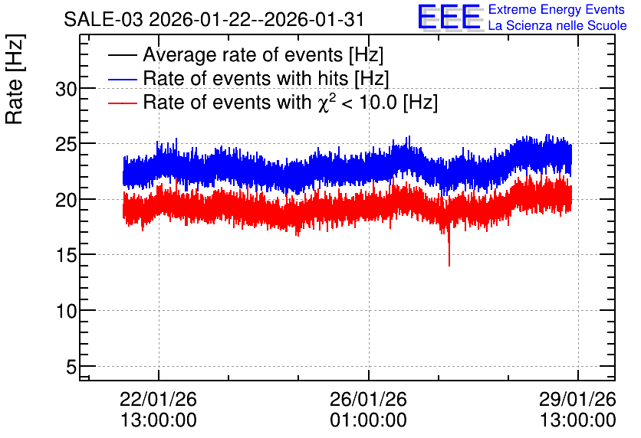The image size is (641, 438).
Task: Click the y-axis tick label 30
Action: point(66,89)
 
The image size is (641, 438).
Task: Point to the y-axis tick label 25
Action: point(66,145)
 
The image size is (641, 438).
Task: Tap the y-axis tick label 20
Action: point(66,200)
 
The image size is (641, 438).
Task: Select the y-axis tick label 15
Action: point(66,256)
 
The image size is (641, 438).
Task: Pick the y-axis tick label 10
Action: point(66,311)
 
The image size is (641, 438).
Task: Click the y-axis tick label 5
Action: point(71,367)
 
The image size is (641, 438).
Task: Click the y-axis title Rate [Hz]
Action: point(15,79)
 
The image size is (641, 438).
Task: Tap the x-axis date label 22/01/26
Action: point(158,399)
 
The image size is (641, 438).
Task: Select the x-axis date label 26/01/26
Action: point(368,399)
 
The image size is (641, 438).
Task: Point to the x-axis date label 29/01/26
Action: point(577,399)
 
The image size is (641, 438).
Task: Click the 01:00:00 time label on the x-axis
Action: point(368,420)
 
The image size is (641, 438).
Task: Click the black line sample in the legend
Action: point(122,55)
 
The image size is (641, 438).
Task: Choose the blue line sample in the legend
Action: point(122,79)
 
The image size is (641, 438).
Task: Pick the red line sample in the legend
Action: point(122,103)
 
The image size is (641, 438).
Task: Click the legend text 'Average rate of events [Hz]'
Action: point(263,54)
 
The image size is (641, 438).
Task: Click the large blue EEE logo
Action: point(449,17)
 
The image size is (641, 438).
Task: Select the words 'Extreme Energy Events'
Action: point(557,9)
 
